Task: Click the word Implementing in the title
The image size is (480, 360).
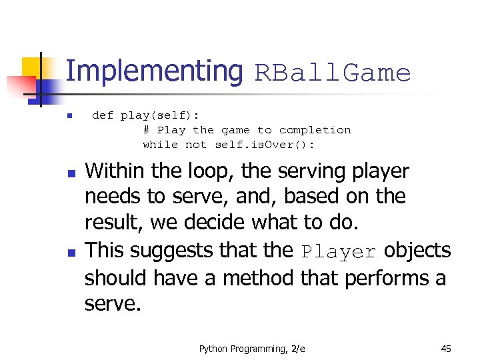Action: click(155, 71)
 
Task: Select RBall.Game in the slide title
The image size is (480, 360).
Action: click(333, 73)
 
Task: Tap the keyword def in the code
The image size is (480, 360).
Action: click(103, 115)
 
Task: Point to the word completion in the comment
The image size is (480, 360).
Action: click(315, 130)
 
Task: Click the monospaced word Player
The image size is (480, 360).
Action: click(339, 252)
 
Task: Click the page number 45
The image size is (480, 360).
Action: click(446, 349)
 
